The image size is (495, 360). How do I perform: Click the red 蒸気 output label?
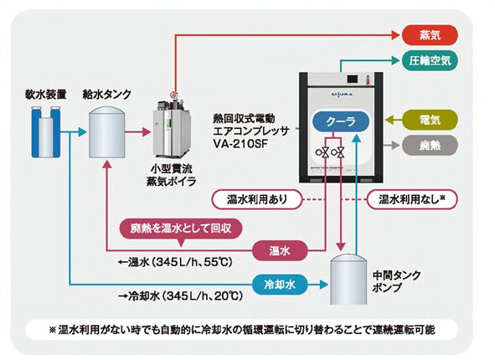coord(430,34)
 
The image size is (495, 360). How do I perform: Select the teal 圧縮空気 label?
coord(430,60)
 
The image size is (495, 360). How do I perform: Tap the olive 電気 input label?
coord(430,120)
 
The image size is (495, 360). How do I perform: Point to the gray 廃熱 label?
coord(430,146)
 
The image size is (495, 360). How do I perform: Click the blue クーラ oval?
coord(341,121)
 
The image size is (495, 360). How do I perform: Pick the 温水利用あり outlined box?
coord(256,199)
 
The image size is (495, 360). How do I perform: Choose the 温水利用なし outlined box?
coord(412,199)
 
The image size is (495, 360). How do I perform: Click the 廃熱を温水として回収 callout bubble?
coord(181,229)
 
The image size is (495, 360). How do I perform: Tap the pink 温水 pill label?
coord(280,250)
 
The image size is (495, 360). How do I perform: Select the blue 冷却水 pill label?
coord(280,285)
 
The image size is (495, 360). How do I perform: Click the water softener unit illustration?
coord(46,132)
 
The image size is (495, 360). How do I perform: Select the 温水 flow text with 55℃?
coord(175,262)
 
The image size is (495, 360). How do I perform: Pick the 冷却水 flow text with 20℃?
coord(180,296)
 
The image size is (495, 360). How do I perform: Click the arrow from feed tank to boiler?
coord(138,132)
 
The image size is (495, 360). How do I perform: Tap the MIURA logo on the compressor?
coord(342,94)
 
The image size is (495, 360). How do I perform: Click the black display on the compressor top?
coord(353,79)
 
